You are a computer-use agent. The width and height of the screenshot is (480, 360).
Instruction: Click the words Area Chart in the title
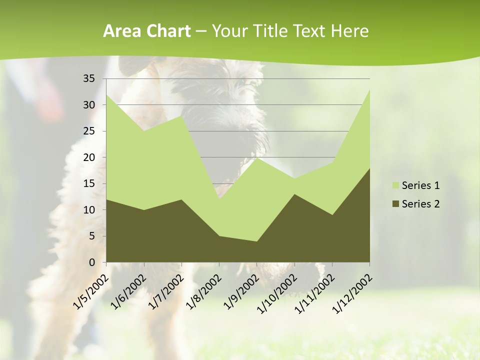[146, 31]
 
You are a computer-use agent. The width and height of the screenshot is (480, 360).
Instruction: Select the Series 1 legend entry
[415, 185]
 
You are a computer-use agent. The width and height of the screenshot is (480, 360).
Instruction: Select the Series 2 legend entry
[415, 203]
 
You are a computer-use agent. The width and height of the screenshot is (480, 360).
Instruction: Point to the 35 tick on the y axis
[89, 78]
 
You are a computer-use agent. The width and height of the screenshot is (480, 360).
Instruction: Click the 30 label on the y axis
[89, 105]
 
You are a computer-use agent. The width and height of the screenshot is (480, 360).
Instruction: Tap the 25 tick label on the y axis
[89, 131]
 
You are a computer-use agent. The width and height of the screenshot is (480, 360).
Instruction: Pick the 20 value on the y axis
[89, 157]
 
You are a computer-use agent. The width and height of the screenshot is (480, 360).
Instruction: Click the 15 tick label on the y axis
[89, 183]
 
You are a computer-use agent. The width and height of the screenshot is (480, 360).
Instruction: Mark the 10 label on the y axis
[89, 210]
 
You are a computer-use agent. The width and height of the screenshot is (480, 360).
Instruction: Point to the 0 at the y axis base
[91, 262]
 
